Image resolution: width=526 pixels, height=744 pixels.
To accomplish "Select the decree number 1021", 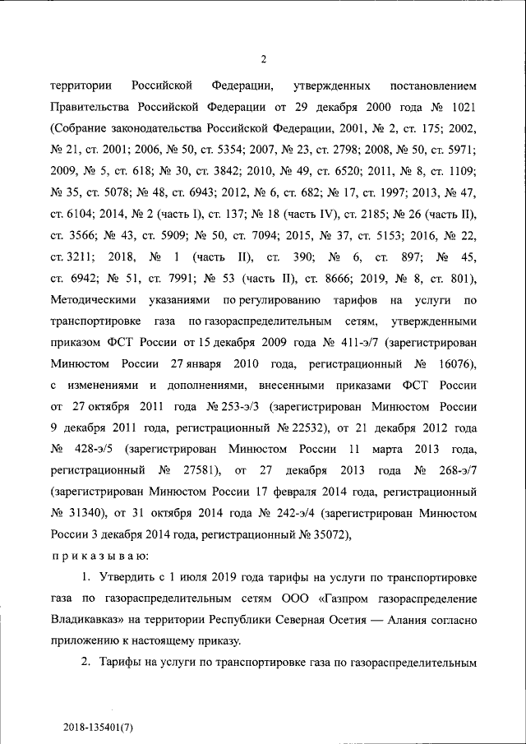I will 459,107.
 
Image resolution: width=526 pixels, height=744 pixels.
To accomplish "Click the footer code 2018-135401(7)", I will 98,727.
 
